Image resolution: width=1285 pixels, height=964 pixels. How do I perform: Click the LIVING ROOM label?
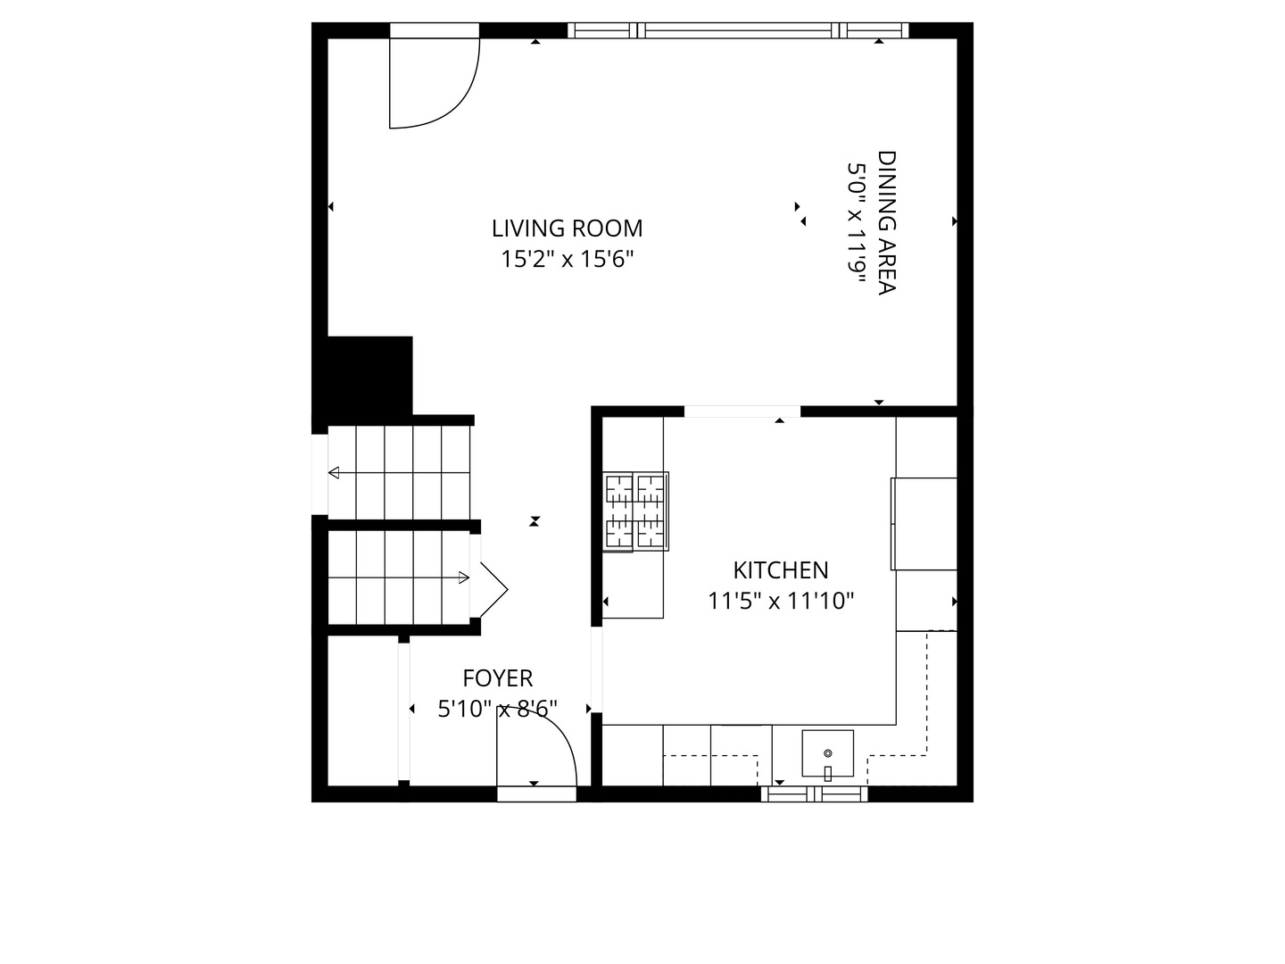coord(567,229)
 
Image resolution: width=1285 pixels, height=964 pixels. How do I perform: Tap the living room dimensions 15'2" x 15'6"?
coord(567,260)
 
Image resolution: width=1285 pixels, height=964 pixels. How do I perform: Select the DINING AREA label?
coord(886,222)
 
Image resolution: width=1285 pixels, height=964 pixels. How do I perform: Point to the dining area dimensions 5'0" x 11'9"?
coord(857,222)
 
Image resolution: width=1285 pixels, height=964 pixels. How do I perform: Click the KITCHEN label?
coord(780,570)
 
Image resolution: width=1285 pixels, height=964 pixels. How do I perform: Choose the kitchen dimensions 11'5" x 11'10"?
coord(780,602)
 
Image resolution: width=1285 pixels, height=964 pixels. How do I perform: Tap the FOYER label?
coord(497,678)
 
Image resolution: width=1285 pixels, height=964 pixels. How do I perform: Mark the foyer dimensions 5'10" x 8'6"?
coord(497,709)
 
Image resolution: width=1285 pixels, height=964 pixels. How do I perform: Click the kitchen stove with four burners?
coord(635,511)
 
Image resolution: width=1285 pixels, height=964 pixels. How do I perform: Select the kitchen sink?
coord(827,753)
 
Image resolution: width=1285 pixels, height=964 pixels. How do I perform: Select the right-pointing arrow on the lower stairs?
coord(463,578)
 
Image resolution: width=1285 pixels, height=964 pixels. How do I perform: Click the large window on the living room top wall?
coord(739,30)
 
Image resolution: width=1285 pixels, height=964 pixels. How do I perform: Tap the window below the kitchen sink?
coord(814,794)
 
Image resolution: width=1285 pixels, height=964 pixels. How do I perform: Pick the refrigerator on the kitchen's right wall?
coord(924,524)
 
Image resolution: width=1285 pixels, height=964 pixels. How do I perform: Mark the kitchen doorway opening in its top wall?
coord(742,411)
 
